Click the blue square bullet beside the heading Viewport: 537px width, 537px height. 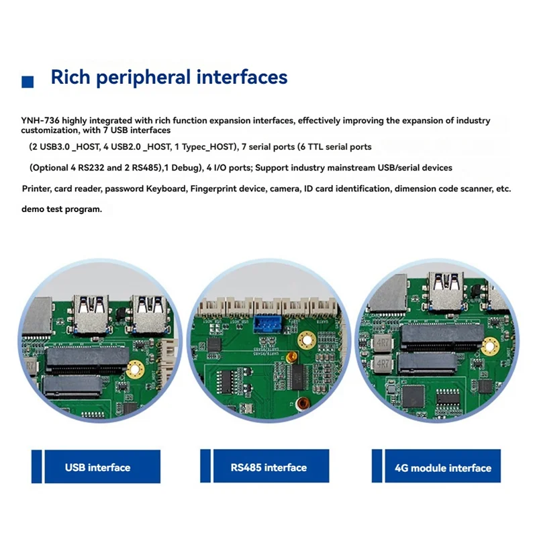[28, 82]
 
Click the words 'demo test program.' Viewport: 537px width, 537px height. [62, 209]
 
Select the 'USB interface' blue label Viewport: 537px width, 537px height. [97, 467]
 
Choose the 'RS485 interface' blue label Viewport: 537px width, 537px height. [268, 467]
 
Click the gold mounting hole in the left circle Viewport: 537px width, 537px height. [137, 367]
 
